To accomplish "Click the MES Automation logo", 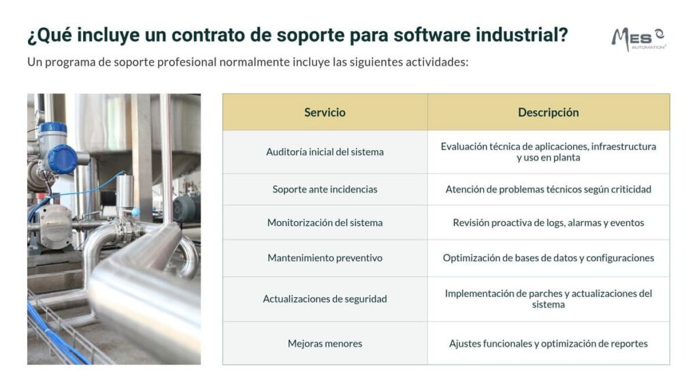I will [x=638, y=39].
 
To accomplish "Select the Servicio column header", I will [x=325, y=112].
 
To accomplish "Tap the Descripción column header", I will [x=548, y=112].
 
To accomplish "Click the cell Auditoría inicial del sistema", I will [x=325, y=152].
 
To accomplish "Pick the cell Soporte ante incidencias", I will [x=325, y=189].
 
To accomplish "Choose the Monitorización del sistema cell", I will [x=325, y=223].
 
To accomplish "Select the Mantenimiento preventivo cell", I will [x=325, y=258].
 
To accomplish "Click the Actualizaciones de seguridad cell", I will [x=325, y=299].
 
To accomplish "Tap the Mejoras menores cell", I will [x=325, y=344].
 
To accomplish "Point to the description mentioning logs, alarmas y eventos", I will [x=548, y=223].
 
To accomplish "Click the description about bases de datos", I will [x=548, y=258].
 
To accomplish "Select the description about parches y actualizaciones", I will [x=548, y=299].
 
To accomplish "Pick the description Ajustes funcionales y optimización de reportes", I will [x=548, y=344].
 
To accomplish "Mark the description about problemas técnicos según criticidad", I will [x=548, y=189].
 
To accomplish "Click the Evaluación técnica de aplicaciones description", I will [x=548, y=152].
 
